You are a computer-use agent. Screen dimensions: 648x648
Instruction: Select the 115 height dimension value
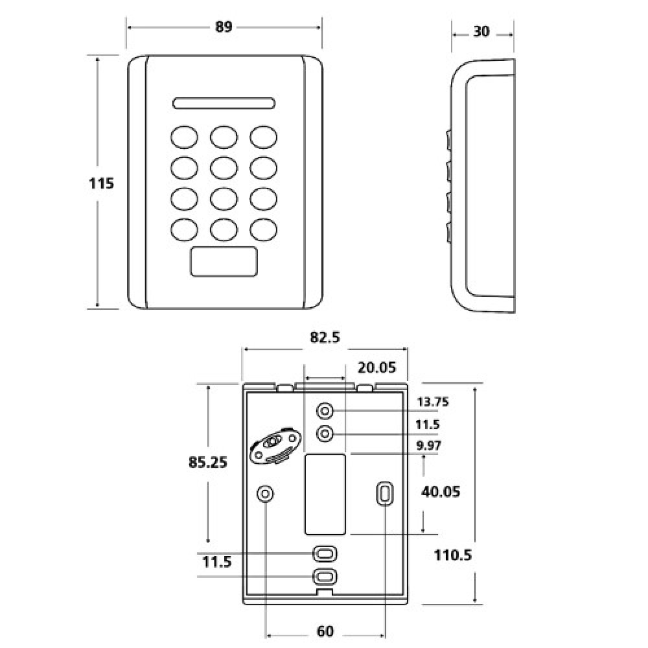coord(101,183)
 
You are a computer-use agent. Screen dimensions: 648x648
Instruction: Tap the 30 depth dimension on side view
coord(481,32)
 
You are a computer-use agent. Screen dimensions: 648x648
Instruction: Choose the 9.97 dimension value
coord(429,445)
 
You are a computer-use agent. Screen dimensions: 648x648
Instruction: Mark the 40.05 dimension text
coord(441,492)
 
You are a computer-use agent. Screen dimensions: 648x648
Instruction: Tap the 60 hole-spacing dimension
coord(325,631)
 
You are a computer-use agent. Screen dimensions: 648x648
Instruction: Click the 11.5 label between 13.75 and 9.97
coord(428,424)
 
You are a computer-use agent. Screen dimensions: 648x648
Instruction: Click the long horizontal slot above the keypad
coord(224,103)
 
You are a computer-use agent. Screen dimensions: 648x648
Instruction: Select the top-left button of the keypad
coord(184,137)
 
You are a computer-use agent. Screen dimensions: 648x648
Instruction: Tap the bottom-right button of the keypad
coord(264,229)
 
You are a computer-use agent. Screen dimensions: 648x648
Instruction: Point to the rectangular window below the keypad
coord(224,263)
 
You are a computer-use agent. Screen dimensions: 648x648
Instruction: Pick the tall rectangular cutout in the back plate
coord(324,494)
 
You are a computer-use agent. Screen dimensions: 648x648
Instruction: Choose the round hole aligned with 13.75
coord(325,411)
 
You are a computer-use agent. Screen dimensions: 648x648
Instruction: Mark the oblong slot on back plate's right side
coord(384,494)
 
